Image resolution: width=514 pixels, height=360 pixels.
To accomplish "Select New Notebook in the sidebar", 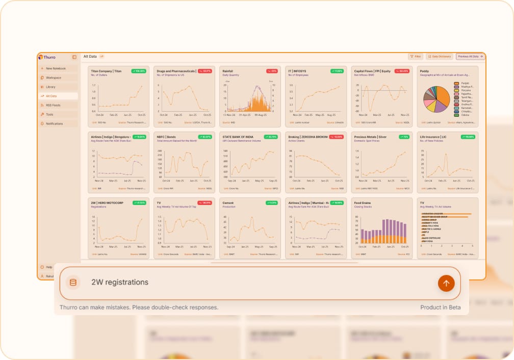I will tap(56, 68).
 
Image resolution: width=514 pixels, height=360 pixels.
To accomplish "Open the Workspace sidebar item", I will tap(54, 78).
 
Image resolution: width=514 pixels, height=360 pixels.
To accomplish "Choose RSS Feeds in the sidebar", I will tap(53, 105).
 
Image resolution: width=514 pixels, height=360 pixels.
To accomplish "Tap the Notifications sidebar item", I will tap(54, 123).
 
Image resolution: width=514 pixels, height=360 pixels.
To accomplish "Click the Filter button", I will tap(416, 57).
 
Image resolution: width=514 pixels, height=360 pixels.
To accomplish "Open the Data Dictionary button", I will tap(439, 57).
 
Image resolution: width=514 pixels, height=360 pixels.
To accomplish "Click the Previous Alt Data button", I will tap(470, 57).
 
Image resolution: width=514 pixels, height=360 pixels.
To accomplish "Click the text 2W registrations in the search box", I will tap(120, 282).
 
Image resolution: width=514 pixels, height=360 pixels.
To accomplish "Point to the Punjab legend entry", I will tap(461, 83).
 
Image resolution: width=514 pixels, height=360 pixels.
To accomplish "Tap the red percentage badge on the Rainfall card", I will tap(273, 71).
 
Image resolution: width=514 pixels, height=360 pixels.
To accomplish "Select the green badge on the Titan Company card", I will tap(139, 71).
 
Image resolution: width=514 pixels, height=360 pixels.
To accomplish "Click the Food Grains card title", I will tap(363, 202).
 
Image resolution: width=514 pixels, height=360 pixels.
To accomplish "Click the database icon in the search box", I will tap(73, 282).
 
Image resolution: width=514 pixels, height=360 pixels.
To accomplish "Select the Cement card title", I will tap(228, 202).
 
